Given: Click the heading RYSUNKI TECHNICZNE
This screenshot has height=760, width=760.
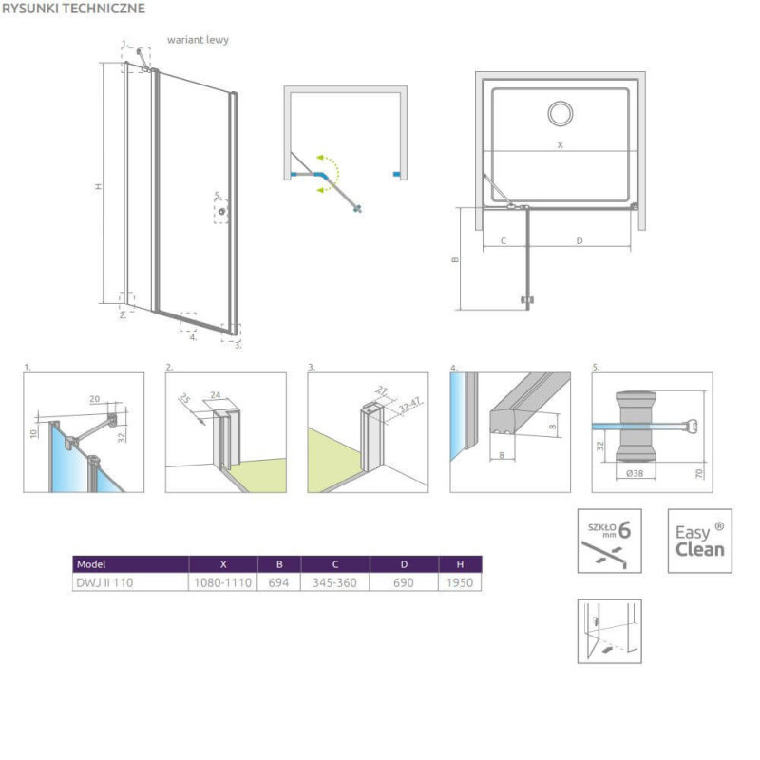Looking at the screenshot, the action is click(74, 9).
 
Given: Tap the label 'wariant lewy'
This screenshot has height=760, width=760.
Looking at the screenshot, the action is click(198, 40).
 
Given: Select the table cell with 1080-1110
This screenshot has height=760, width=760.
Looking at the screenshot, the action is click(223, 582).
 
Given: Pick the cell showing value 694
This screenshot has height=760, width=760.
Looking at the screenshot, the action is click(278, 582).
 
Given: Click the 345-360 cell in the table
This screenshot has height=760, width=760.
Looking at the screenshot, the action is click(334, 582).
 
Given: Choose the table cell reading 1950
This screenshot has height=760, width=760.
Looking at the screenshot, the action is click(460, 582).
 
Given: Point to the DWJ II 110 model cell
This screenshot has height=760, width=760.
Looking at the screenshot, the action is click(104, 582).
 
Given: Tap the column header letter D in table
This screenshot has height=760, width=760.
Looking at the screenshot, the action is click(404, 564).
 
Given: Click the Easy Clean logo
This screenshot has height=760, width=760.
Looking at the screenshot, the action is click(700, 541).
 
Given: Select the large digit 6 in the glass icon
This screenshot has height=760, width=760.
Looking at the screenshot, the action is click(625, 530).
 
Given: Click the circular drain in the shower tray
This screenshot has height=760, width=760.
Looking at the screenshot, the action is click(560, 113).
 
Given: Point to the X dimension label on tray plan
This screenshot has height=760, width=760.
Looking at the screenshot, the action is click(560, 145).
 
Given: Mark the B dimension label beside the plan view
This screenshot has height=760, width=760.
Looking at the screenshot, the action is click(455, 259).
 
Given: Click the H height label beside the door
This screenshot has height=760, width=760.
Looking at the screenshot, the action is click(99, 186).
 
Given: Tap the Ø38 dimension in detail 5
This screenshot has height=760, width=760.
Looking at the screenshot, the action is click(635, 473).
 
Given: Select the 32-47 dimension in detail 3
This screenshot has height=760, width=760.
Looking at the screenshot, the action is click(410, 405).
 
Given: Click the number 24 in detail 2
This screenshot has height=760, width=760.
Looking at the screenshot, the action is click(216, 395).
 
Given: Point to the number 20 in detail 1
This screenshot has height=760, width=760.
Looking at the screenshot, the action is click(94, 399).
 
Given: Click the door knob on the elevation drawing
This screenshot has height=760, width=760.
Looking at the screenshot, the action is click(222, 211).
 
